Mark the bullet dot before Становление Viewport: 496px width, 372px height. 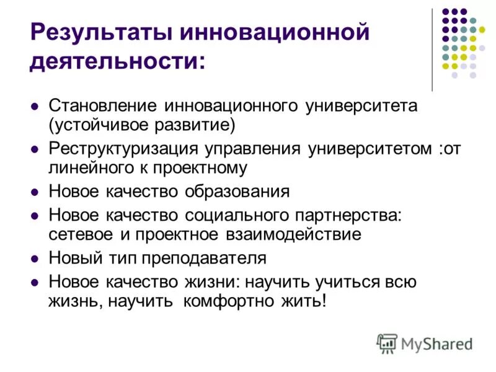[x=35, y=106]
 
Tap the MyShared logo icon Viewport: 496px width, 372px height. [x=386, y=343]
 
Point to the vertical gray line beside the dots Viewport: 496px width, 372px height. [x=432, y=50]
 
